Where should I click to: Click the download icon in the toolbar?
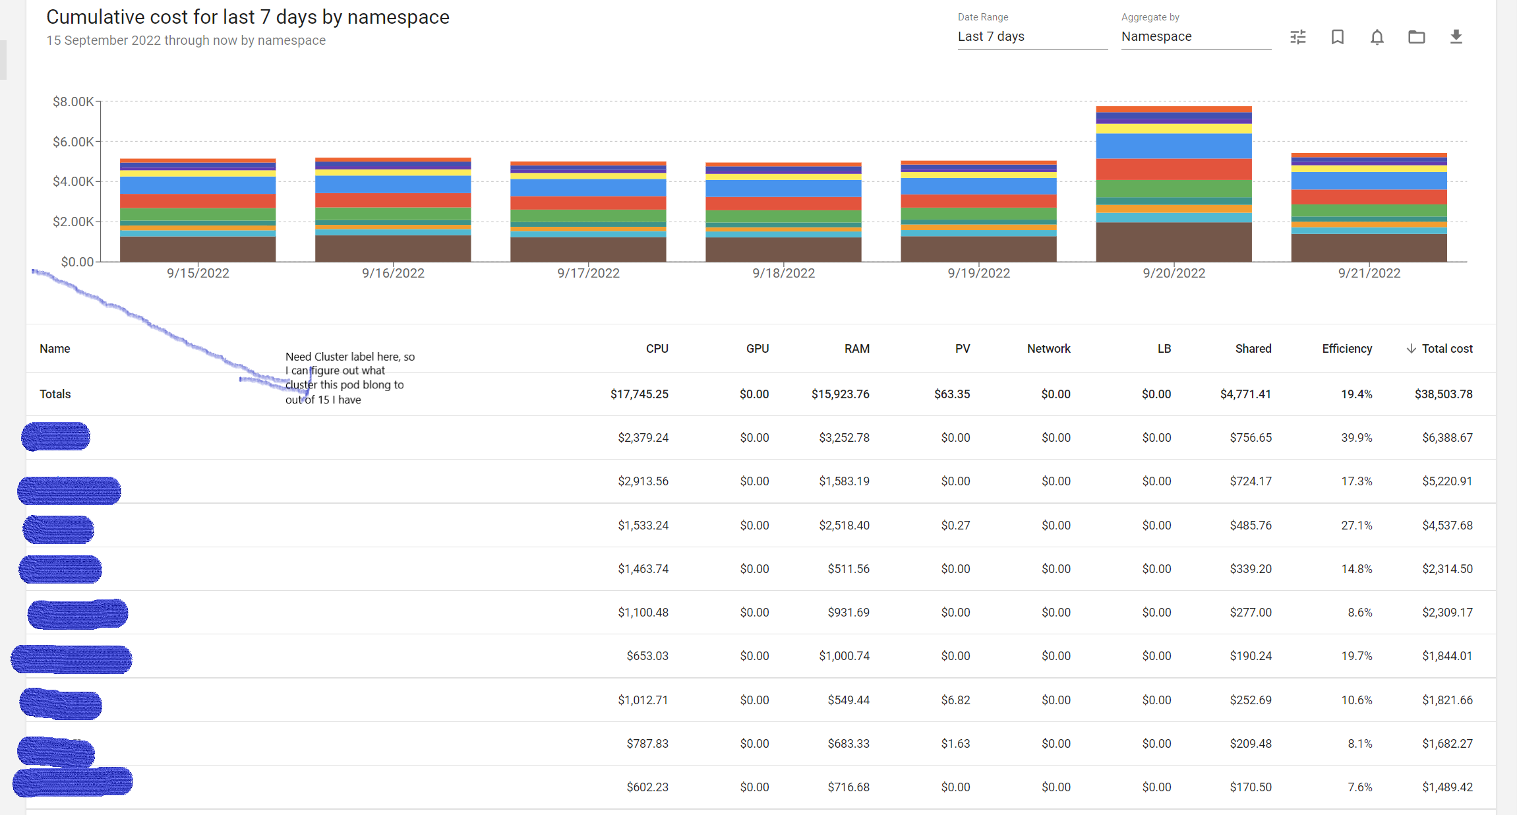point(1456,37)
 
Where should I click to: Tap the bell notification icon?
point(1377,37)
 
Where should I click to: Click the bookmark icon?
point(1337,37)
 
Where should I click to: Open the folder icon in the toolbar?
point(1416,37)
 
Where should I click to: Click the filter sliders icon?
point(1297,37)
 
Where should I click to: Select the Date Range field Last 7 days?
point(1031,37)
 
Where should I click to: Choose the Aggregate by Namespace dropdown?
point(1195,37)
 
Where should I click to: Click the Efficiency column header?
point(1346,349)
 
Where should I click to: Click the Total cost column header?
point(1446,349)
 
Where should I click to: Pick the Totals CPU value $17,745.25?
point(639,394)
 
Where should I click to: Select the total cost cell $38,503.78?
point(1443,394)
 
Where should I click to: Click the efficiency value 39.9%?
point(1356,438)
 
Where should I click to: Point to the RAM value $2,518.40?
point(844,526)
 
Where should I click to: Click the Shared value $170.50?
point(1250,787)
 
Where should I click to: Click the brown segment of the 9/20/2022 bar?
point(1174,242)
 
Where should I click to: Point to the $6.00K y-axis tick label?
point(73,142)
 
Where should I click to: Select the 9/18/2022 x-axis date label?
point(783,273)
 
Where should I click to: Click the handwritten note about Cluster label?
point(349,378)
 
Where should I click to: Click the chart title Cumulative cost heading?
point(248,17)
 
